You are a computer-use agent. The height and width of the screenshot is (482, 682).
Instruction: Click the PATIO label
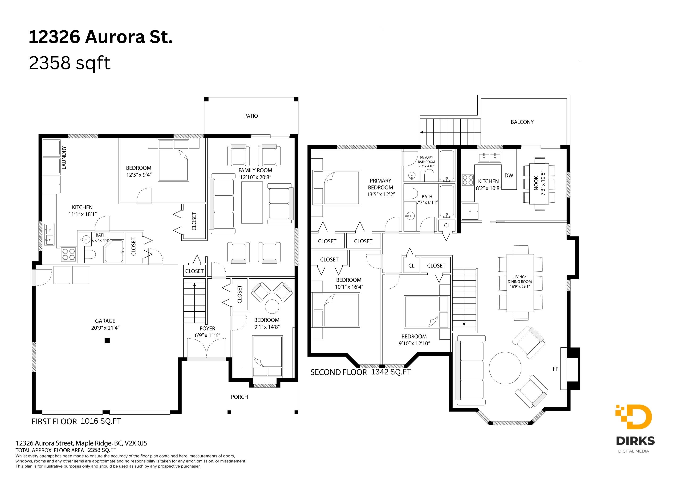251,116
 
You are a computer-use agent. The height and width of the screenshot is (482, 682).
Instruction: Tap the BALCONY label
522,122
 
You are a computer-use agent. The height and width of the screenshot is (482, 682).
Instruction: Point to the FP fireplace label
556,369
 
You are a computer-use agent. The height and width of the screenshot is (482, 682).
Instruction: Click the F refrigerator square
470,212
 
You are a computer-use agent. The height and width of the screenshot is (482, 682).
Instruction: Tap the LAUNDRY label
64,158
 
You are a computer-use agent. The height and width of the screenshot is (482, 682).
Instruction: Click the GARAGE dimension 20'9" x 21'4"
105,328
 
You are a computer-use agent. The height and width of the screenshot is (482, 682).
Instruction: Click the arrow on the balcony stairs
450,132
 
